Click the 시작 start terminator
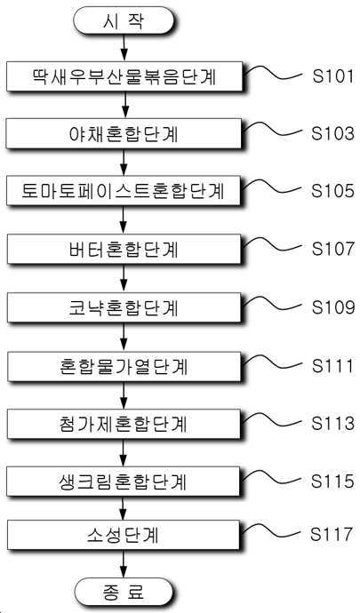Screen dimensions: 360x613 tap(124, 20)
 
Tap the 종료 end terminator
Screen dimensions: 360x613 tap(124, 592)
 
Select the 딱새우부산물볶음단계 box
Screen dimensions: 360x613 tap(124, 76)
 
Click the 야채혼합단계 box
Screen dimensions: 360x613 tap(124, 133)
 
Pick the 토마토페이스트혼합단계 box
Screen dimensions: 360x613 tap(124, 191)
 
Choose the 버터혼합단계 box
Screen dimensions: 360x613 tap(124, 250)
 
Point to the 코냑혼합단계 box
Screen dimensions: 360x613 tap(124, 308)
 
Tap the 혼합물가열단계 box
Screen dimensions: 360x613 tap(124, 367)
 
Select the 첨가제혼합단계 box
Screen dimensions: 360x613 tap(124, 425)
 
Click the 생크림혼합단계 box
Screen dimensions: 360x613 tap(124, 482)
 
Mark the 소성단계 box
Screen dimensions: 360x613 tap(124, 535)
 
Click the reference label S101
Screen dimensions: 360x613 tap(332, 76)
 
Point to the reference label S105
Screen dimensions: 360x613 tap(332, 190)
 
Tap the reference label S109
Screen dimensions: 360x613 tap(332, 306)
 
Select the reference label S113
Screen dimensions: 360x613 tap(332, 424)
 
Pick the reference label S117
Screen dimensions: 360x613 tap(332, 534)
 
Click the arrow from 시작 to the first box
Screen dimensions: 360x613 tap(124, 48)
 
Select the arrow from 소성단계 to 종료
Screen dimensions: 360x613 tap(124, 564)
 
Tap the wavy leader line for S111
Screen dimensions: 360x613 tap(273, 362)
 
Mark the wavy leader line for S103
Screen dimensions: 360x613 tap(273, 130)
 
